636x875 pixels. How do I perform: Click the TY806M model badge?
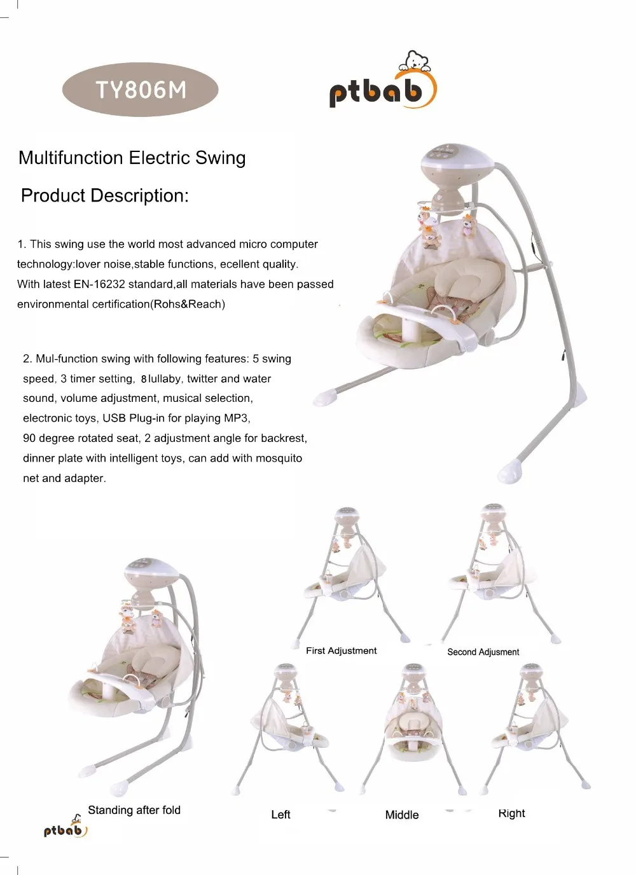tap(140, 90)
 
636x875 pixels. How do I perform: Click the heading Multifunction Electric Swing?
tap(132, 158)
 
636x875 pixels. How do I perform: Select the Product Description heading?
tap(105, 195)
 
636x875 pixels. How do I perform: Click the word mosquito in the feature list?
tap(279, 458)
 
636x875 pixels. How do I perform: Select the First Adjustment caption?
tap(341, 651)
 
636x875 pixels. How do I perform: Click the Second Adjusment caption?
tap(483, 652)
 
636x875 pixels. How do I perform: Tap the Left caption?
tap(280, 815)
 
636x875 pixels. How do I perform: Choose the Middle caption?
tap(402, 815)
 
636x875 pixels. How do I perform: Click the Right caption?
tap(511, 813)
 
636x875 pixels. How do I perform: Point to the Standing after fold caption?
tap(134, 810)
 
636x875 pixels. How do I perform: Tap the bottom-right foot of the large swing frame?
tap(511, 471)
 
